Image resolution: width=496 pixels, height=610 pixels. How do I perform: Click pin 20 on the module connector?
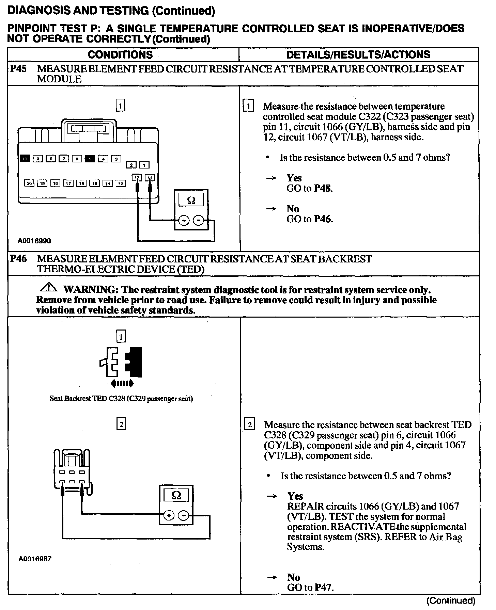[x=29, y=183]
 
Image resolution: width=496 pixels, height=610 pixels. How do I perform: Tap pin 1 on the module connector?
[x=145, y=165]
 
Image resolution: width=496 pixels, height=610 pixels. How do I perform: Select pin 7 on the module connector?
[x=63, y=158]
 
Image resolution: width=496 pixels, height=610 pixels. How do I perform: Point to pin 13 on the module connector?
[x=121, y=183]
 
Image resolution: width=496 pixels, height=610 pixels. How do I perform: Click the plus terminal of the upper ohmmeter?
[x=184, y=221]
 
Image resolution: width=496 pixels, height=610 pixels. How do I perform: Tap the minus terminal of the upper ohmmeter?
[x=198, y=221]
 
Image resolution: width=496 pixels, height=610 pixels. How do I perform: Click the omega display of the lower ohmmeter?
[x=176, y=495]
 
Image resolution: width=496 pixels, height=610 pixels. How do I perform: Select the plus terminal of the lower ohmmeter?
[x=169, y=516]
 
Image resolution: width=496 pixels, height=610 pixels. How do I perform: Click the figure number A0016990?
[x=34, y=241]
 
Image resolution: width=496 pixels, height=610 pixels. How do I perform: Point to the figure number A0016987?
[x=34, y=559]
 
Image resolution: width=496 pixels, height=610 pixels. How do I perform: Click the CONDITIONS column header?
[x=120, y=54]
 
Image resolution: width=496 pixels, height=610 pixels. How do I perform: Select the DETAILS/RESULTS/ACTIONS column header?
[x=358, y=54]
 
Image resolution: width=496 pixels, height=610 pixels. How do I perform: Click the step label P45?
[x=18, y=69]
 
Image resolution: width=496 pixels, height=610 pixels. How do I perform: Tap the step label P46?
[x=18, y=259]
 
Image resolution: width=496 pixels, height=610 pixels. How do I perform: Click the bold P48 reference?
[x=323, y=188]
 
